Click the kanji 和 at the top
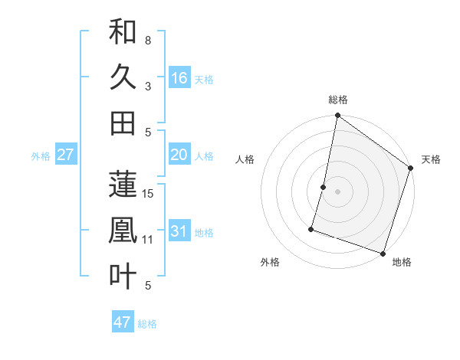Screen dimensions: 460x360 [x=123, y=32]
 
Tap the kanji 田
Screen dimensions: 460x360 [x=123, y=123]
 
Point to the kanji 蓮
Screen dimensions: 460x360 [x=123, y=184]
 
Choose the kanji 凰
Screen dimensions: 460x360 [x=123, y=230]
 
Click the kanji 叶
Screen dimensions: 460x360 [x=123, y=276]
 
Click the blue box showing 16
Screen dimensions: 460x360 [x=179, y=78]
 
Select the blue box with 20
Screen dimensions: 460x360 [x=179, y=155]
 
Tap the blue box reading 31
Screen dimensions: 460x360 [x=179, y=231]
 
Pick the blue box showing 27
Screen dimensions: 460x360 [x=66, y=155]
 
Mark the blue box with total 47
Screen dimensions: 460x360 [x=123, y=322]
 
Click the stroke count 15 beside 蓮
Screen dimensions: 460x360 [x=149, y=194]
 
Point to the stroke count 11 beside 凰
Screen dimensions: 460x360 [x=149, y=240]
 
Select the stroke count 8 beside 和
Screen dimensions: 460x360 [x=148, y=41]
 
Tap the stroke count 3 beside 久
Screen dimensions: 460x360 [x=148, y=87]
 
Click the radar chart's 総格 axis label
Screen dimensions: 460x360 [x=338, y=100]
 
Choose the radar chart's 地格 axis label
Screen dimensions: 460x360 [x=402, y=263]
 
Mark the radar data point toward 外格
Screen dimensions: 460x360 [x=312, y=228]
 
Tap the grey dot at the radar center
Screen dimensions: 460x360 [x=338, y=191]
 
